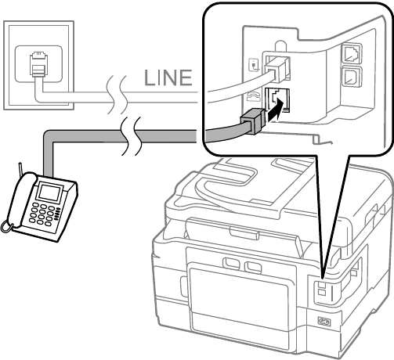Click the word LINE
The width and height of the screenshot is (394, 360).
[168, 77]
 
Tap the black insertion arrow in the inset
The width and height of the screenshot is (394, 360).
[275, 110]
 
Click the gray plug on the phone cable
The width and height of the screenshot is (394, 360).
[253, 121]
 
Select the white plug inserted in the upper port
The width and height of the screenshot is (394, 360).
[277, 68]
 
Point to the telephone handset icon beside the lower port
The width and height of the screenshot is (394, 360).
[253, 97]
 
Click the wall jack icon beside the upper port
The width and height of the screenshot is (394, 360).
[254, 65]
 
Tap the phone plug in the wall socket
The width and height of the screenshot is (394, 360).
[39, 64]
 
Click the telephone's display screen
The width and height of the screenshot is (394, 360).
[49, 192]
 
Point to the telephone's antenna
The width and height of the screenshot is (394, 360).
[20, 169]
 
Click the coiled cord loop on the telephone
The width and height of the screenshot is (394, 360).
[6, 226]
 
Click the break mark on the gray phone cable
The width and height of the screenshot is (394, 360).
[131, 135]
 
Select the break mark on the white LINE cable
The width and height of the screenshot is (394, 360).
[117, 95]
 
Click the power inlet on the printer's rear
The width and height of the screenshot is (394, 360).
[324, 322]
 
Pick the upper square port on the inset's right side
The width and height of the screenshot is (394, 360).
[352, 54]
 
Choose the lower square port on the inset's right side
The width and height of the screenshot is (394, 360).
[351, 77]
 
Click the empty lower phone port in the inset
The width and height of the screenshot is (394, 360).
[277, 100]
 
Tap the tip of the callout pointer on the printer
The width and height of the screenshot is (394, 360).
[323, 279]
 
